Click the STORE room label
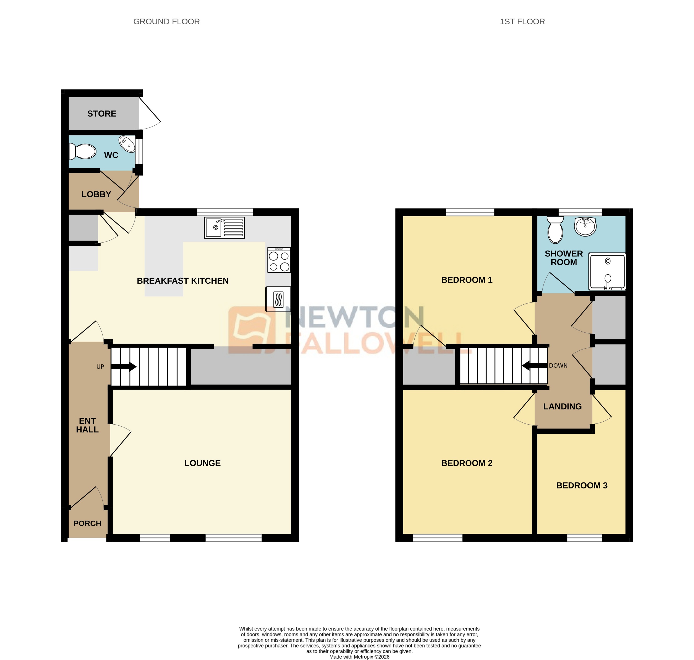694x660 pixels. click(102, 114)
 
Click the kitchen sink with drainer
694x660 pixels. click(224, 228)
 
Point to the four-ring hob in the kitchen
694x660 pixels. click(279, 260)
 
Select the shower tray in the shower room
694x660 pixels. click(607, 272)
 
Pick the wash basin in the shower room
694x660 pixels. click(585, 226)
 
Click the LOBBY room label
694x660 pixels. click(96, 194)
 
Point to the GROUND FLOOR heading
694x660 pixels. click(166, 21)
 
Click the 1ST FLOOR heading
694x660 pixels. click(522, 21)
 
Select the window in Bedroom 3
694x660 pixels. click(584, 538)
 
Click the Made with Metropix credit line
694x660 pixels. click(359, 657)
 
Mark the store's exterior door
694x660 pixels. click(150, 113)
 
